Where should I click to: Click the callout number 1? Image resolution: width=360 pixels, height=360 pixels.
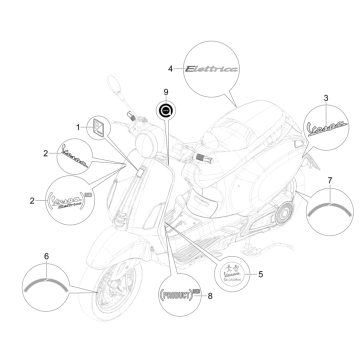tap(79, 128)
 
